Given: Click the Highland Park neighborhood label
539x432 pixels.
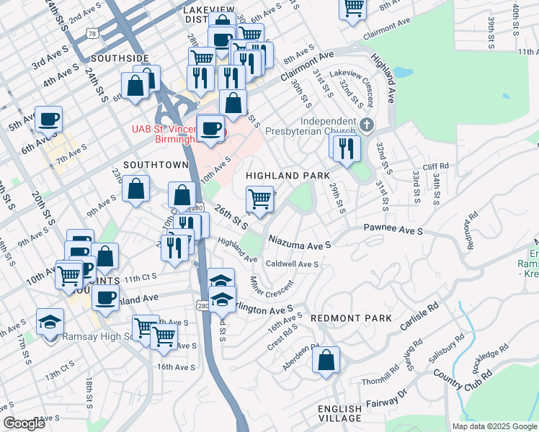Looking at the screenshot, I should click(288, 176).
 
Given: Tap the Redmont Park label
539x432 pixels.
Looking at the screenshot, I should click(351, 318).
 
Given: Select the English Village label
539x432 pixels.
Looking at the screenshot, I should click(340, 413).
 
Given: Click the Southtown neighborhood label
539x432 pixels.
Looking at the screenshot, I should click(156, 165).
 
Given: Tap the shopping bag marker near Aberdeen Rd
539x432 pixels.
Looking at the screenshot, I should click(326, 359).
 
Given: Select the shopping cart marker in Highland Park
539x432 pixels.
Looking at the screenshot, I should click(259, 198).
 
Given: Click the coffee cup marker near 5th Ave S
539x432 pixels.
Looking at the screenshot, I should click(48, 120).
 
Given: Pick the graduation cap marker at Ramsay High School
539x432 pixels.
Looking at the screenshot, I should click(50, 322).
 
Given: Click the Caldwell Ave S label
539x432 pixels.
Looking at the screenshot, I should click(292, 264).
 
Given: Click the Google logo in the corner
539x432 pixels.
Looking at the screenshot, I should click(24, 423).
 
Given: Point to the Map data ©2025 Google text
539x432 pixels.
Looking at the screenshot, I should click(493, 426).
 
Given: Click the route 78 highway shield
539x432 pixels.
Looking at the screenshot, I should click(91, 33).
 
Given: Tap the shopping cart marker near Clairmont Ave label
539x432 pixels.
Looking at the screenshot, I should click(353, 8).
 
